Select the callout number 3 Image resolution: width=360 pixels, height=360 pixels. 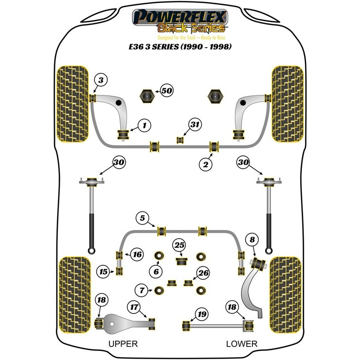(x=101, y=81)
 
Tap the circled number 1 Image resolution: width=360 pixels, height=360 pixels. (x=145, y=126)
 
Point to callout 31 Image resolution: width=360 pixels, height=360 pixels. (x=194, y=125)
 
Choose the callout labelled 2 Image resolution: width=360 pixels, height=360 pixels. (x=205, y=165)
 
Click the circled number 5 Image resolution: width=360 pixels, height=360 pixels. (x=142, y=219)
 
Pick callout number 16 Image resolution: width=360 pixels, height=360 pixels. (x=137, y=255)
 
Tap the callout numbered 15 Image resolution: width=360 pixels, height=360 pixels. (x=104, y=271)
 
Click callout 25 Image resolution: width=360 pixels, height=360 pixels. (x=180, y=245)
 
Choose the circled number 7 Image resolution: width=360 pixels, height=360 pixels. (x=142, y=290)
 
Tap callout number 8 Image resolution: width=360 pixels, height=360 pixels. (x=252, y=240)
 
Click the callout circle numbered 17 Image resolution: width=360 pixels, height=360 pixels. (x=134, y=308)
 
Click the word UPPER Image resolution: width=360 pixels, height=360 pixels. (x=123, y=344)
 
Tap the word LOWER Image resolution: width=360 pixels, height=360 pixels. (x=242, y=344)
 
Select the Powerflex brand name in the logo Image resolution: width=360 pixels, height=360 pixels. (x=180, y=18)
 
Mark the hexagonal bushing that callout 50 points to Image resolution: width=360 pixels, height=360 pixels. (x=147, y=95)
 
